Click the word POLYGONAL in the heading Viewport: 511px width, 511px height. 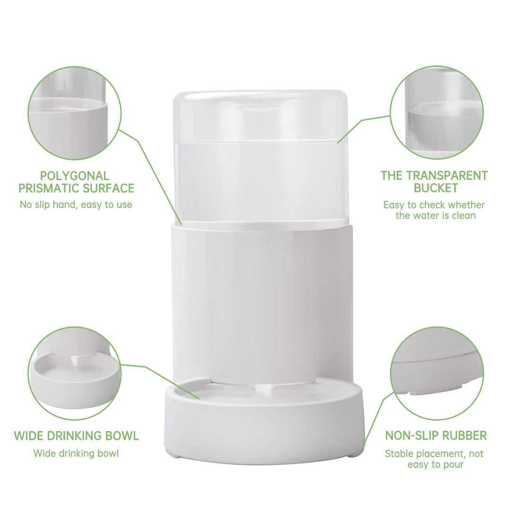pyautogui.click(x=75, y=176)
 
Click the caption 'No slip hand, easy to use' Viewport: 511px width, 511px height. pyautogui.click(x=76, y=205)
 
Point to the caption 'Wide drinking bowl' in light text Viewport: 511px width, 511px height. pyautogui.click(x=76, y=453)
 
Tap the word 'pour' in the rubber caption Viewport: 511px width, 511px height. pyautogui.click(x=452, y=465)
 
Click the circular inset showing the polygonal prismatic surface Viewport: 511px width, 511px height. pyautogui.click(x=75, y=113)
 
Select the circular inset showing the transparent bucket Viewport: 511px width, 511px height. pyautogui.click(x=437, y=113)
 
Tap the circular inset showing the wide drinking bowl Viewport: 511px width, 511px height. pyautogui.click(x=75, y=373)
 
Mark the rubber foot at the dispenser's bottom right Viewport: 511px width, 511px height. pyautogui.click(x=354, y=454)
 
